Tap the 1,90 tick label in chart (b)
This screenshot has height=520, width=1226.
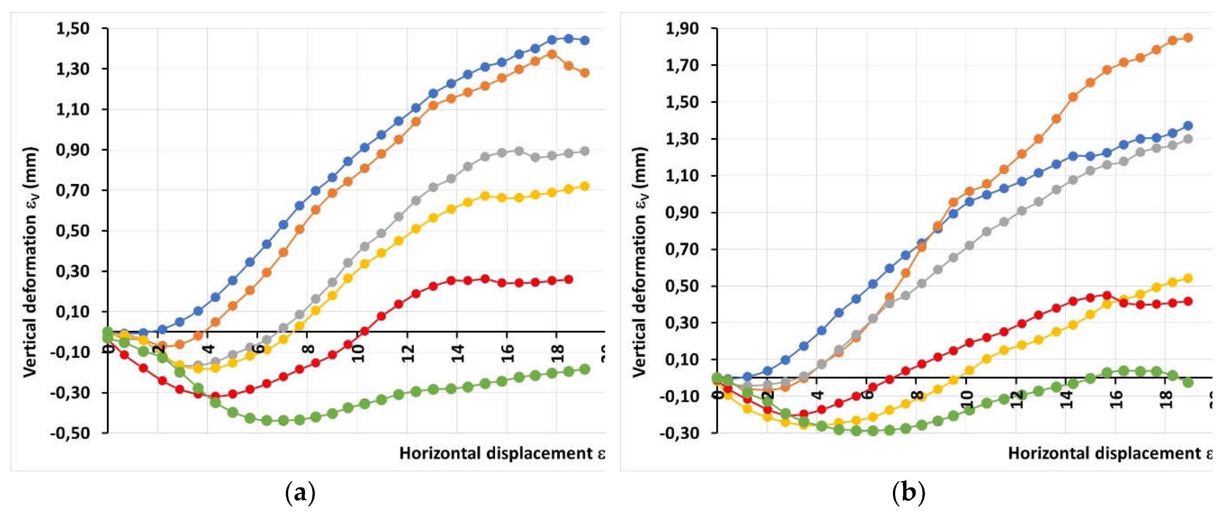tap(682, 29)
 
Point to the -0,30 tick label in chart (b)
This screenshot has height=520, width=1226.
tap(680, 433)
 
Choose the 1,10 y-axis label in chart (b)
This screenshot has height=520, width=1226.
tap(682, 176)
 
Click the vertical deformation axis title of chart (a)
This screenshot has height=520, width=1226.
tap(31, 262)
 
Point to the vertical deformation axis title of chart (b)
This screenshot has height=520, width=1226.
tap(640, 262)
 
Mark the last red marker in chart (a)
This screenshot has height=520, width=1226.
tap(568, 280)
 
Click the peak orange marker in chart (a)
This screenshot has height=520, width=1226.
tap(552, 54)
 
